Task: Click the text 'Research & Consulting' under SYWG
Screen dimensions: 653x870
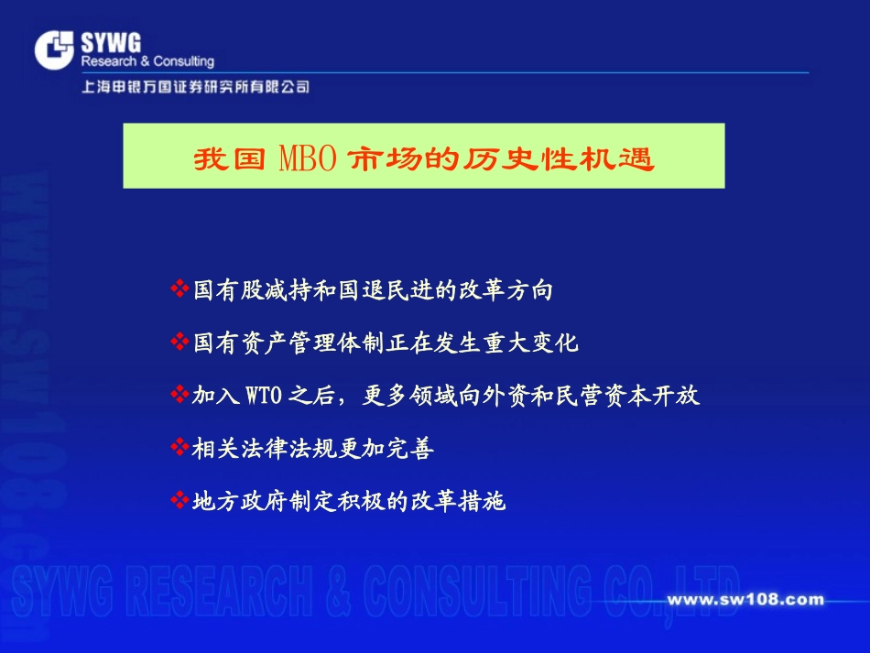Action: click(x=147, y=61)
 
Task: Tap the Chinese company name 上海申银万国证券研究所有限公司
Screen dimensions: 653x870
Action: click(x=194, y=87)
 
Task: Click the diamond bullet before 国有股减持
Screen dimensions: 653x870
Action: click(x=179, y=289)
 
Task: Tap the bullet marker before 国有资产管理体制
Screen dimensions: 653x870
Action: click(x=179, y=343)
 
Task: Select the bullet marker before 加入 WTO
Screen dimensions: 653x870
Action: click(x=179, y=395)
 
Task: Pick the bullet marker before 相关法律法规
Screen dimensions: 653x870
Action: click(x=179, y=448)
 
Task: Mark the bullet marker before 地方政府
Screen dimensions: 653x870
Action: click(x=179, y=501)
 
